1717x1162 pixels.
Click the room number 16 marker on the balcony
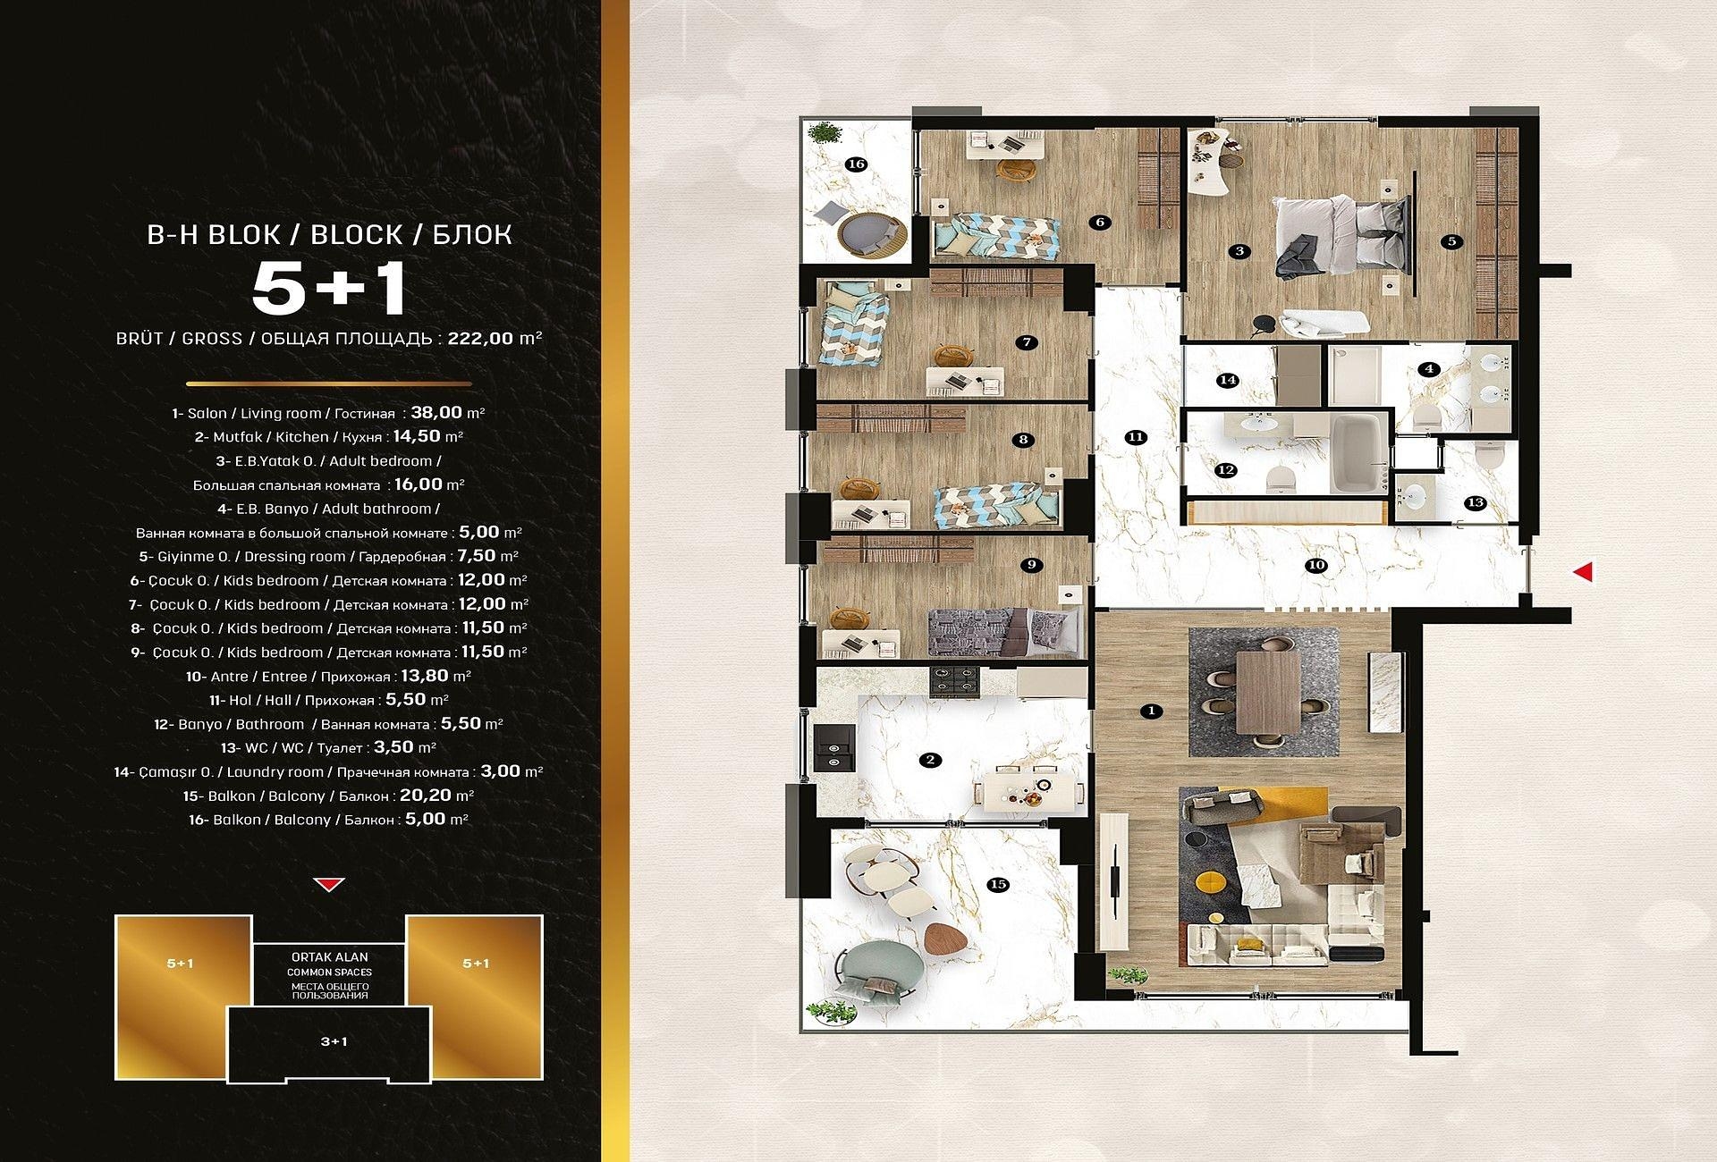pos(856,164)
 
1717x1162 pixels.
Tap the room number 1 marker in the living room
pos(1151,712)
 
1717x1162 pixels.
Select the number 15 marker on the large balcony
pos(998,884)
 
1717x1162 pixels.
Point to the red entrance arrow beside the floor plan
pos(1583,571)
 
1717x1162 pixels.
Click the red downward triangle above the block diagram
pos(330,885)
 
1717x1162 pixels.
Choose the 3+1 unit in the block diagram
pos(334,1041)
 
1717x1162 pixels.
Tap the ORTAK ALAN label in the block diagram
pos(329,956)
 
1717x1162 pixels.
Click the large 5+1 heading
pos(330,288)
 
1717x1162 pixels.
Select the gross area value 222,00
pos(486,339)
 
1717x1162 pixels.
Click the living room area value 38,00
pos(436,413)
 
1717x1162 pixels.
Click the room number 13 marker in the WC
pos(1476,502)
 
